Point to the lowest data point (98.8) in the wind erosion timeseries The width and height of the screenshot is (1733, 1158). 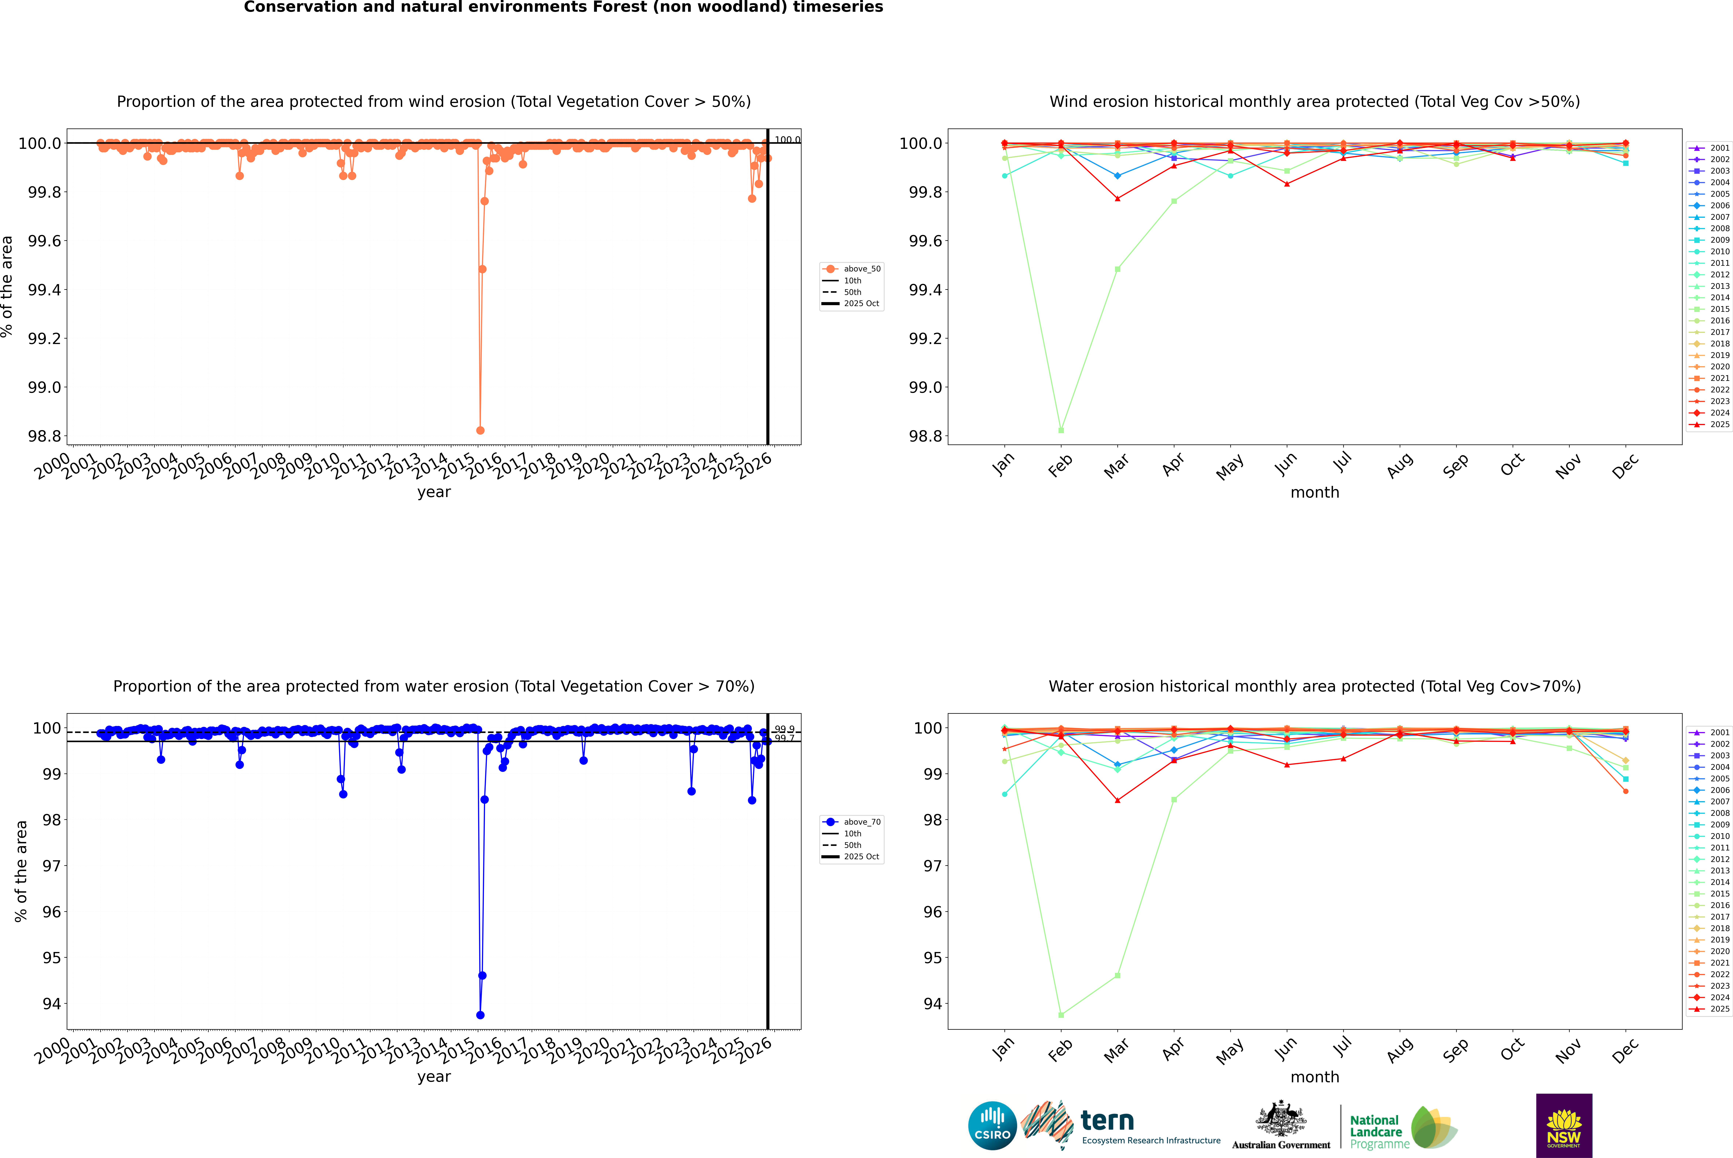(480, 430)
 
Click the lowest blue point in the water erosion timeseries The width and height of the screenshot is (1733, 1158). (480, 1015)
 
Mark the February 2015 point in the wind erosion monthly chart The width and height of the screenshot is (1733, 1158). (1061, 430)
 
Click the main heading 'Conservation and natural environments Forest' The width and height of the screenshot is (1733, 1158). (563, 7)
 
